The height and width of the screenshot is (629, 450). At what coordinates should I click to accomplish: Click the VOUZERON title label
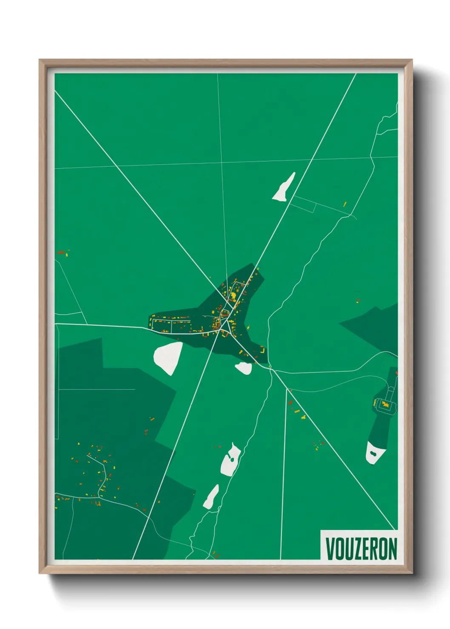point(361,548)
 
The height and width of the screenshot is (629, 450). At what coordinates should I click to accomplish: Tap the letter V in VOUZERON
point(330,548)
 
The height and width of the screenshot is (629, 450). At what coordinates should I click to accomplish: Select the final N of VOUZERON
point(392,548)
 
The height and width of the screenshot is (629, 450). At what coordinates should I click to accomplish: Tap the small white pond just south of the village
point(244,368)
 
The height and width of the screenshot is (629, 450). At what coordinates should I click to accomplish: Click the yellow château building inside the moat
point(386,404)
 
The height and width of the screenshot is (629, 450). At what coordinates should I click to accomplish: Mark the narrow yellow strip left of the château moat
point(375,402)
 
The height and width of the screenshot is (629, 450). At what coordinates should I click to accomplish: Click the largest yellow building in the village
point(233,293)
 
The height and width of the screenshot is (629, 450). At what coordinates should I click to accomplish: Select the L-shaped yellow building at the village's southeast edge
point(262,350)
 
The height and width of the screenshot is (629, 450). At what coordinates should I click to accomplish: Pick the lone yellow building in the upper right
point(345,204)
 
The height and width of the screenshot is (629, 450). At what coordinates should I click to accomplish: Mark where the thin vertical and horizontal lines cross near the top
point(221,162)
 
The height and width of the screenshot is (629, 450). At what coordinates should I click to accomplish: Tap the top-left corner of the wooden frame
point(40,61)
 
